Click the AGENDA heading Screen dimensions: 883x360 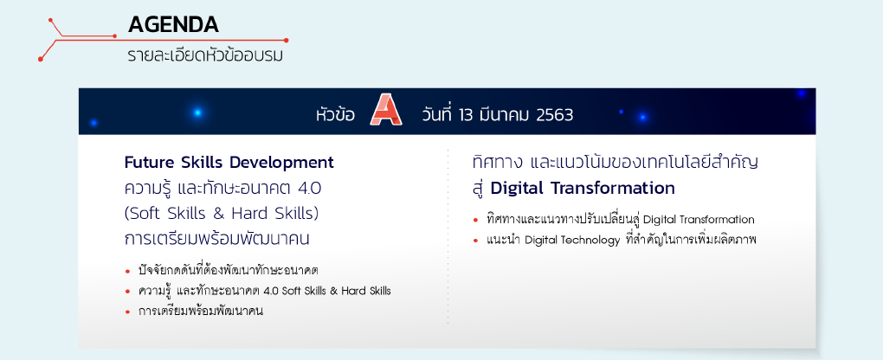(x=173, y=24)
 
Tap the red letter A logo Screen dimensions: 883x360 (x=386, y=109)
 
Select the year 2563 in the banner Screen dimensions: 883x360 (x=555, y=115)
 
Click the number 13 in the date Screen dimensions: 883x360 (x=466, y=115)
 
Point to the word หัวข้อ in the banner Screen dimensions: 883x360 (x=335, y=114)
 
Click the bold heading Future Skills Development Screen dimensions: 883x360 (x=229, y=163)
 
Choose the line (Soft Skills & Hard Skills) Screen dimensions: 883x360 (x=222, y=214)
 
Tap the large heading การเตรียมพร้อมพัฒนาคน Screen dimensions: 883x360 (x=217, y=239)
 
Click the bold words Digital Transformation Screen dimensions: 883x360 (x=583, y=188)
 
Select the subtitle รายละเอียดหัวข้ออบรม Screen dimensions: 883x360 (x=205, y=55)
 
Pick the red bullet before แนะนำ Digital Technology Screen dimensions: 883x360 (x=476, y=241)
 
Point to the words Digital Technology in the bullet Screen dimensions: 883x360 (x=572, y=241)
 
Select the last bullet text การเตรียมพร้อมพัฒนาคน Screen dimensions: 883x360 (x=201, y=311)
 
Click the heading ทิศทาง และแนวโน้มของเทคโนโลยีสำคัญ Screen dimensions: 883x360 (x=616, y=162)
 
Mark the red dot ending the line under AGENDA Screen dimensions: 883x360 (x=286, y=40)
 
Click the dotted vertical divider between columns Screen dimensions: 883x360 (x=448, y=236)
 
